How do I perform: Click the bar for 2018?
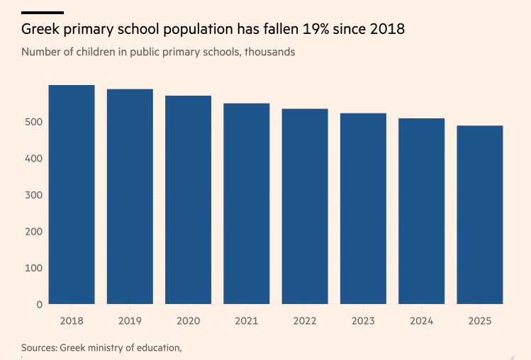(x=72, y=195)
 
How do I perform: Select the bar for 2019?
(x=130, y=196)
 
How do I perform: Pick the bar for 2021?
(x=247, y=204)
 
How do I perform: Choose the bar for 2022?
(x=305, y=206)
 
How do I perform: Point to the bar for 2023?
(x=363, y=208)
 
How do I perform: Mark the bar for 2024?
(x=421, y=211)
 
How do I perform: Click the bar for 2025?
(x=480, y=215)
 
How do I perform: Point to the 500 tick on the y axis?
(x=34, y=122)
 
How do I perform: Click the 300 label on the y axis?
(x=34, y=195)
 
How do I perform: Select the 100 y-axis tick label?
(x=34, y=268)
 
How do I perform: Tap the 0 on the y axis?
(x=40, y=305)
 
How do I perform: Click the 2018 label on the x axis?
(x=72, y=321)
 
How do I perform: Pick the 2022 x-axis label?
(x=305, y=321)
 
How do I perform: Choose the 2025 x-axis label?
(x=480, y=321)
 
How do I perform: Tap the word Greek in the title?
(x=41, y=30)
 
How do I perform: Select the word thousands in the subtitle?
(x=270, y=52)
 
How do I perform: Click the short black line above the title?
(x=43, y=13)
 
